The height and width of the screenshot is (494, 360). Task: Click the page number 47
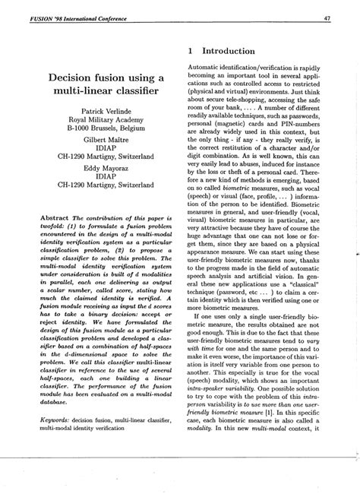click(346, 18)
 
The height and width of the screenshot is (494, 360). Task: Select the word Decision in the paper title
click(75, 78)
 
